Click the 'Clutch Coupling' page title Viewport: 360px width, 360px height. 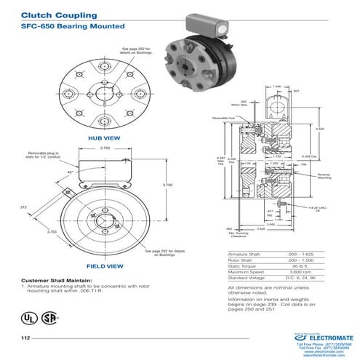50,13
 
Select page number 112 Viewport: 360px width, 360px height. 25,339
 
